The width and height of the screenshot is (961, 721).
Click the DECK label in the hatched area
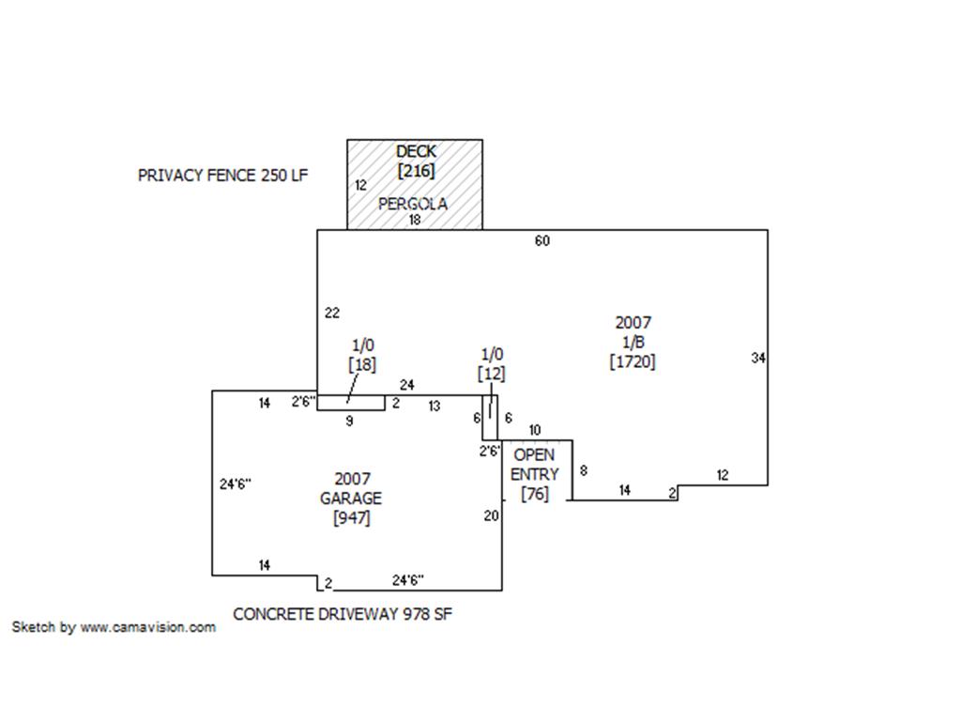tap(416, 151)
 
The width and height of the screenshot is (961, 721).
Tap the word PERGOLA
tap(413, 204)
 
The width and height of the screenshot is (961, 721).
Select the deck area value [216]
tap(417, 171)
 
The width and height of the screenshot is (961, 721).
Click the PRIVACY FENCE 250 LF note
tap(223, 176)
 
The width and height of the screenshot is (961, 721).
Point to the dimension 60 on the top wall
tap(542, 241)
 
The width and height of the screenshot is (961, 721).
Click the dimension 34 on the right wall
tap(758, 358)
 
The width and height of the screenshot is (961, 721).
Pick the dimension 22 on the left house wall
tap(332, 314)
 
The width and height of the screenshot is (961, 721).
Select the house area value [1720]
tap(633, 361)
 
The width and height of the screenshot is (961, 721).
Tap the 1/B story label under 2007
tap(633, 342)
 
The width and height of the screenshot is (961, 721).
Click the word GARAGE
tap(351, 499)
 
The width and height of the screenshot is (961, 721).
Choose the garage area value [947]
tap(352, 518)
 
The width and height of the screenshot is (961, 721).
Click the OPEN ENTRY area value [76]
tap(534, 494)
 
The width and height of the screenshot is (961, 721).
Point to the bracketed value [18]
tap(362, 365)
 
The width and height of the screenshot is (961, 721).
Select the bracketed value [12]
tap(492, 374)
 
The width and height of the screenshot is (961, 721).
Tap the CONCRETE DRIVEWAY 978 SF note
tap(343, 614)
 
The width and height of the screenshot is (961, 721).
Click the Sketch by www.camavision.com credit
tap(114, 627)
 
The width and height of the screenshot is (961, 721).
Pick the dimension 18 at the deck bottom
tap(415, 220)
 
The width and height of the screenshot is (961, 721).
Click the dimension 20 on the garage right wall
tap(491, 516)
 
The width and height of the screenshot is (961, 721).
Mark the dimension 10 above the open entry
tap(535, 430)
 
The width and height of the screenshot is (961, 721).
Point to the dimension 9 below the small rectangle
tap(349, 422)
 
